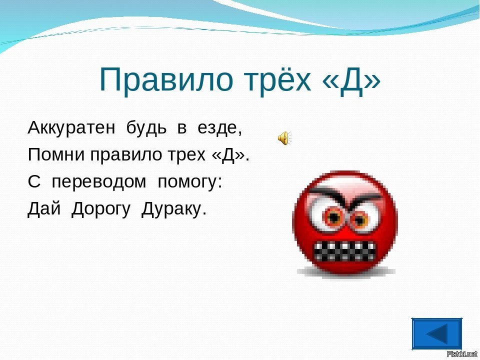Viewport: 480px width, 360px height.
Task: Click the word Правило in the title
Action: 166,79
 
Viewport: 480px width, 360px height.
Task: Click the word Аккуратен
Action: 71,127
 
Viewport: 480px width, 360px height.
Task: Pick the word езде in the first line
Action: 218,128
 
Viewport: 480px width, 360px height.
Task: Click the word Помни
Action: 56,154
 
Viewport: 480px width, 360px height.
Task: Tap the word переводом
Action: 99,182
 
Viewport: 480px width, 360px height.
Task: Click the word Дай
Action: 44,209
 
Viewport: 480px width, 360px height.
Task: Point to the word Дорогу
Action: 101,210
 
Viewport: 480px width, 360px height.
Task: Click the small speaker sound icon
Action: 284,138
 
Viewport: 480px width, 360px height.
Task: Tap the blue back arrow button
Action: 437,333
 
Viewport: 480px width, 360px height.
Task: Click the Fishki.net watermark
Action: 462,354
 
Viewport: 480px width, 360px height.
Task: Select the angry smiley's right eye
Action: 360,219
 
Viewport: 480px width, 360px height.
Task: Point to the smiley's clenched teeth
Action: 344,251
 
